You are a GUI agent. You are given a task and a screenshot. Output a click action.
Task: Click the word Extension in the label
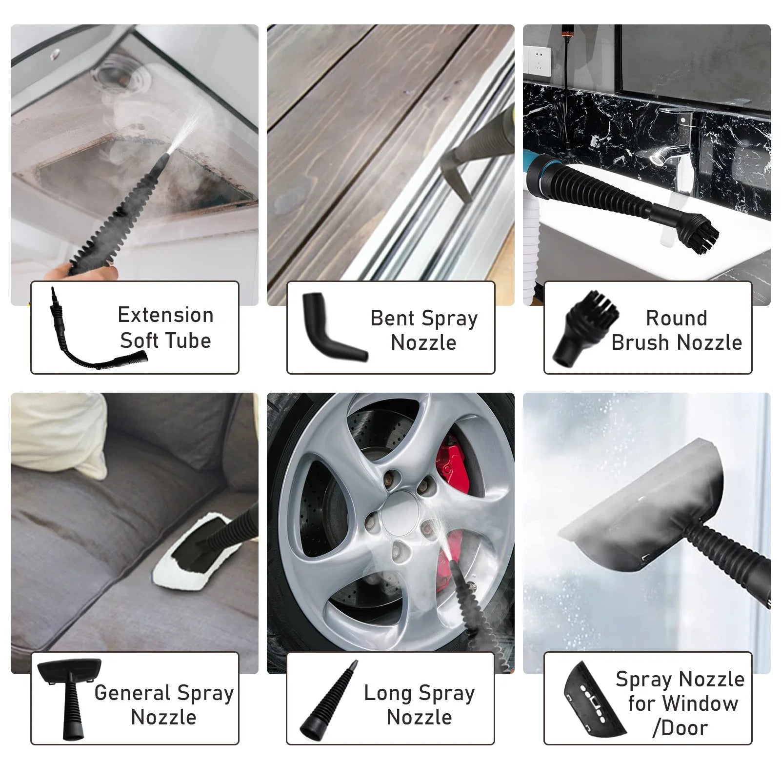coord(166,315)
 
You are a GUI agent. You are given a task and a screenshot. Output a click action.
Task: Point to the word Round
coord(676,318)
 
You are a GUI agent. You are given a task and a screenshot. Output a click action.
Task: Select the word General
coord(132,693)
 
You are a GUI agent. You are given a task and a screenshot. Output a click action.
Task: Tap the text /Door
coord(680,728)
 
